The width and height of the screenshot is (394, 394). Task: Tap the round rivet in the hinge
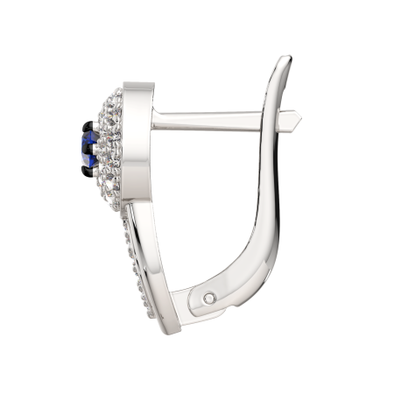(x=208, y=299)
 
